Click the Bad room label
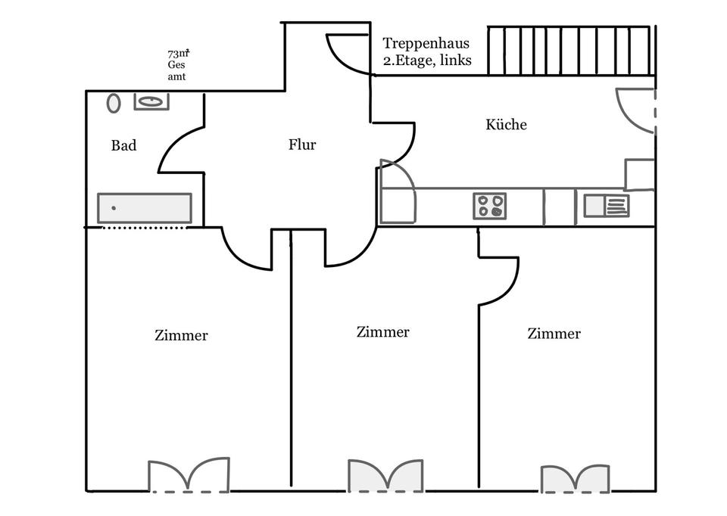click(123, 145)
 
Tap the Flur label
click(302, 145)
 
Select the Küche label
click(506, 125)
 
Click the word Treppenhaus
click(426, 43)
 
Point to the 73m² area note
click(178, 54)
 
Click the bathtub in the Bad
click(144, 208)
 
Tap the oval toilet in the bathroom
click(114, 103)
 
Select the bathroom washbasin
click(151, 101)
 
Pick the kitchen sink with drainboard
click(607, 206)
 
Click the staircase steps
click(569, 51)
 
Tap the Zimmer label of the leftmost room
click(181, 335)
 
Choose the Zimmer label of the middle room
click(383, 332)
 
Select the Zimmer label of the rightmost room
click(554, 334)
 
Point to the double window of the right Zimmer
click(575, 479)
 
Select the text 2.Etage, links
click(428, 61)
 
